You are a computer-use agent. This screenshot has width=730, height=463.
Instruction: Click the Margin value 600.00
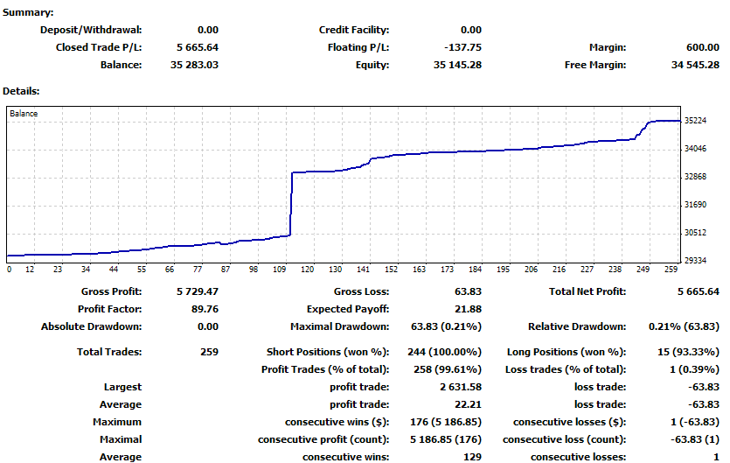[698, 47]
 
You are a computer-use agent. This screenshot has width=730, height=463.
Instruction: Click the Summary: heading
[28, 13]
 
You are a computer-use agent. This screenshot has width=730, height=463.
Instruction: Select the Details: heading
[21, 90]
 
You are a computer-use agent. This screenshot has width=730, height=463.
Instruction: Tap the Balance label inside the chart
[24, 114]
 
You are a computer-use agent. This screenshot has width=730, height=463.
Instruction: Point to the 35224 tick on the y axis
[696, 121]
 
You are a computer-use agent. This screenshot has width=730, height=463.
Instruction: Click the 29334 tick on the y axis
[696, 261]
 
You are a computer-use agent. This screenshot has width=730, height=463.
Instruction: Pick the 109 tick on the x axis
[280, 270]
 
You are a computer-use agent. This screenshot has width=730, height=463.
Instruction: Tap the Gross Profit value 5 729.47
[195, 291]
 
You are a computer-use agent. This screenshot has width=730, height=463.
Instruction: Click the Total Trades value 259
[209, 352]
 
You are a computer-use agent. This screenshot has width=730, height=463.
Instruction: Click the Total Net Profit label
[587, 291]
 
